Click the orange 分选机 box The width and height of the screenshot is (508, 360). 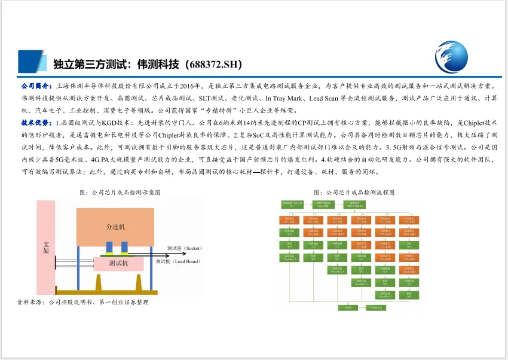click(115, 227)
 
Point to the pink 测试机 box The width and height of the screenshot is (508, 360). click(118, 263)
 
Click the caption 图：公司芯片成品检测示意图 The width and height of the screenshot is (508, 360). click(120, 193)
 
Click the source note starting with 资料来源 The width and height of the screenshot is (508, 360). click(83, 303)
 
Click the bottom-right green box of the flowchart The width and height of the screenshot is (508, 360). click(375, 307)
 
